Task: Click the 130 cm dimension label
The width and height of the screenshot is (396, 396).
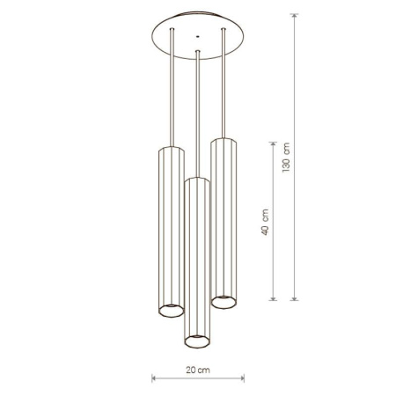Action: pyautogui.click(x=286, y=158)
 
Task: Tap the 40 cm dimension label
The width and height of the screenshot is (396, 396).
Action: pyautogui.click(x=265, y=222)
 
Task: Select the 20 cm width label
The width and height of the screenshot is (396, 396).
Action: pyautogui.click(x=198, y=370)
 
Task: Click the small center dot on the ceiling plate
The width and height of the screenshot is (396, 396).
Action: pyautogui.click(x=198, y=37)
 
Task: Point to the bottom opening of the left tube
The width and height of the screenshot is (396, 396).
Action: pyautogui.click(x=172, y=311)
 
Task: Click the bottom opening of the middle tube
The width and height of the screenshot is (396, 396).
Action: pyautogui.click(x=197, y=341)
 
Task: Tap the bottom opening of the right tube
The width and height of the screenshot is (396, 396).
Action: pyautogui.click(x=224, y=303)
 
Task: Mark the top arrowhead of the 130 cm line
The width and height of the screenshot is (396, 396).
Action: pyautogui.click(x=294, y=16)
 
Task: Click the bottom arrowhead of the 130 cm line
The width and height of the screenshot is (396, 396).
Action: pyautogui.click(x=294, y=298)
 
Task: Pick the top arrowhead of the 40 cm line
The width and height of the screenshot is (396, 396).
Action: pyautogui.click(x=273, y=144)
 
